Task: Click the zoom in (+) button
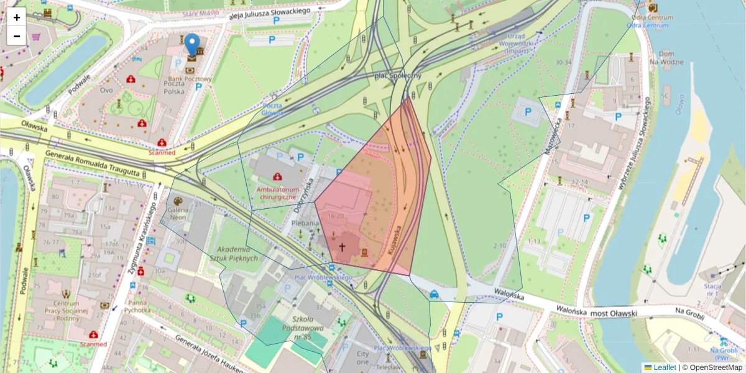click(17, 17)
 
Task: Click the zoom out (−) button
click(17, 36)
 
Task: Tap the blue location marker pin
click(193, 45)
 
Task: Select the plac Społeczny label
click(398, 76)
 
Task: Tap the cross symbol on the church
click(341, 246)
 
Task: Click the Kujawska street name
click(396, 239)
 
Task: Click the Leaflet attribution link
click(664, 367)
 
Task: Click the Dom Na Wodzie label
click(666, 58)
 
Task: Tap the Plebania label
click(305, 223)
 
